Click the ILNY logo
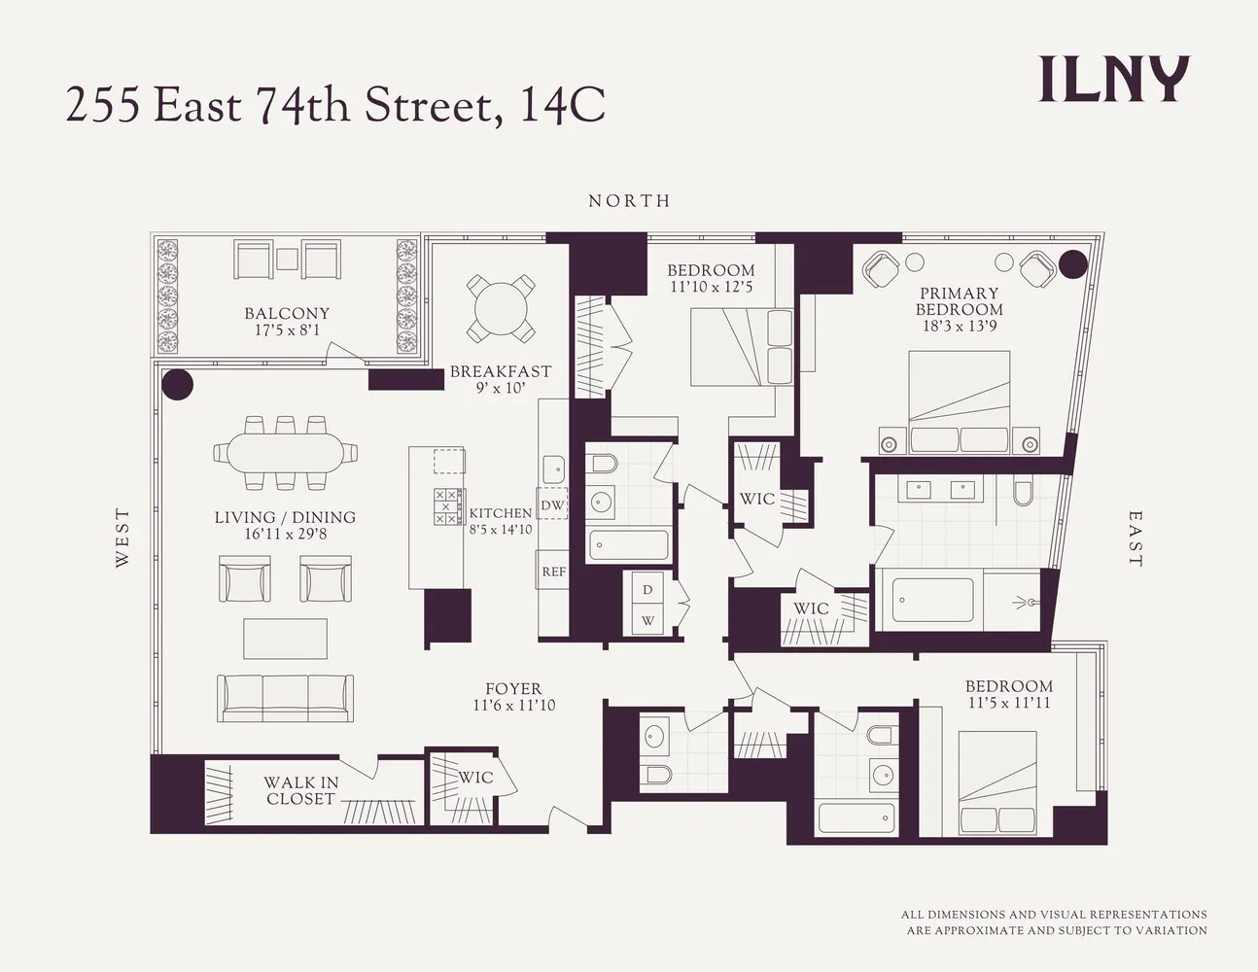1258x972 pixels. click(1114, 80)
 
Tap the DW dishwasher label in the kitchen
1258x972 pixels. click(552, 505)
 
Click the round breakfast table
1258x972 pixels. click(501, 308)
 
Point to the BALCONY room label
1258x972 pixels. click(287, 314)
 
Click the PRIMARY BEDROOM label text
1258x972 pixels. click(960, 301)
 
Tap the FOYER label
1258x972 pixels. click(513, 689)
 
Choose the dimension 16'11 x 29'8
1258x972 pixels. click(286, 534)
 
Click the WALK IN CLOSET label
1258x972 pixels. click(301, 791)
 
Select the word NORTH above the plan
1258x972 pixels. click(630, 201)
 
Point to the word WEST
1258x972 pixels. click(122, 538)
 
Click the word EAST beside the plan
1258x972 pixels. click(1136, 538)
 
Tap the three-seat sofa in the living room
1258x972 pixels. click(286, 698)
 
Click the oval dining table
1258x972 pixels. click(285, 453)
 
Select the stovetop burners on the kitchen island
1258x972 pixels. click(447, 506)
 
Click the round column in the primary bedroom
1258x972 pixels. click(1072, 263)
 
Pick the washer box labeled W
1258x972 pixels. click(647, 621)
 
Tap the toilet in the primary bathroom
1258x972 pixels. click(1023, 491)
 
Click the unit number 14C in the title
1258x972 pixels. click(562, 105)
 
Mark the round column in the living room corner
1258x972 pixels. click(177, 385)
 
